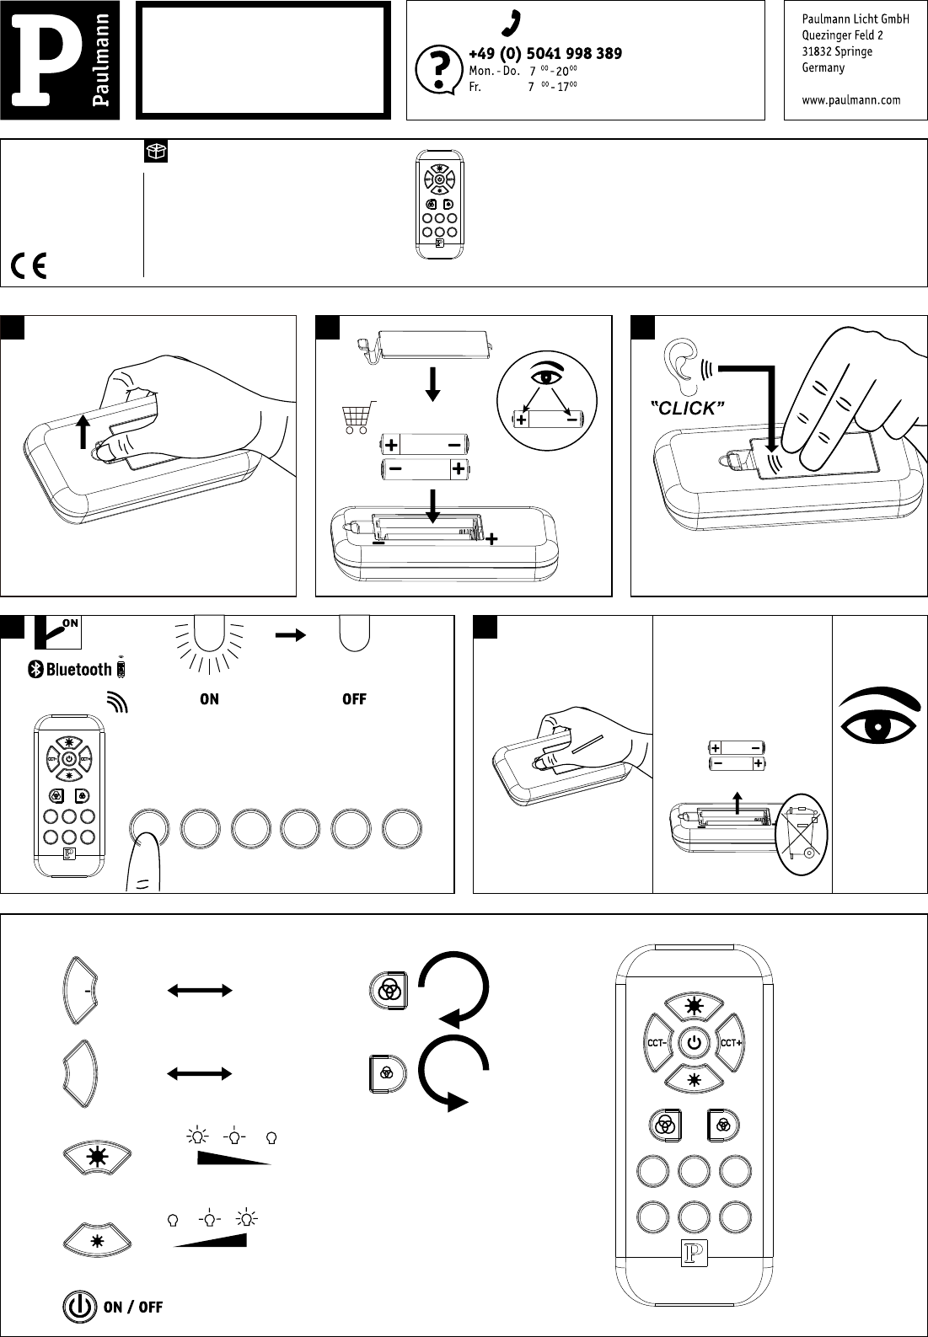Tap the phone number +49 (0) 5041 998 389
click(x=545, y=54)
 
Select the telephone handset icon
click(x=510, y=24)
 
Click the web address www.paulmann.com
click(x=851, y=99)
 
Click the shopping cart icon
click(x=357, y=416)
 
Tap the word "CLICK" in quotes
click(x=689, y=409)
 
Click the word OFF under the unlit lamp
click(x=354, y=698)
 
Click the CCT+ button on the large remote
click(x=731, y=1043)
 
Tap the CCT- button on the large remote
click(x=657, y=1043)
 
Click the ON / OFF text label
click(x=133, y=1307)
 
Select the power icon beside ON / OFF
click(x=78, y=1307)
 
